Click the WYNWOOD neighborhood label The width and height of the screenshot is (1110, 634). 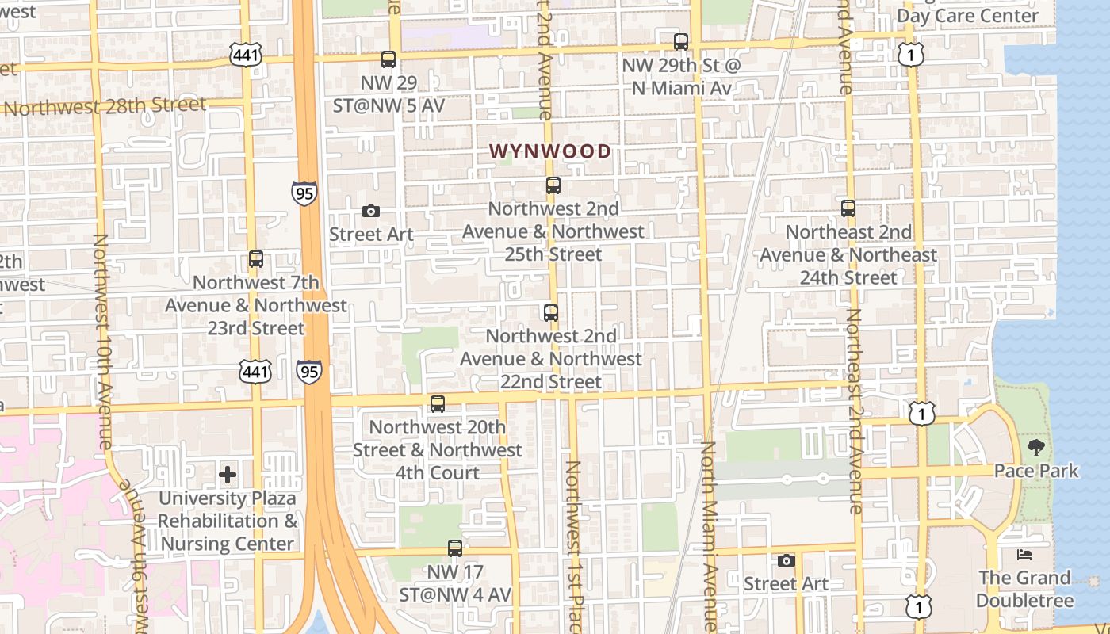(x=549, y=151)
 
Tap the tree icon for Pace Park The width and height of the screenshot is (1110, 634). (x=1035, y=448)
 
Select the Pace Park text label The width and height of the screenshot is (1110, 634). (x=1035, y=471)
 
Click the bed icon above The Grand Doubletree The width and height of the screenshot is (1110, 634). (x=1024, y=555)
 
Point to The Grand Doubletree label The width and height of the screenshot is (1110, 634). (x=1024, y=589)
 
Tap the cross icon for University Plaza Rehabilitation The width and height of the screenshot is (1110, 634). (x=228, y=475)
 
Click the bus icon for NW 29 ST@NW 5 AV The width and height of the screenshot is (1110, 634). (x=388, y=59)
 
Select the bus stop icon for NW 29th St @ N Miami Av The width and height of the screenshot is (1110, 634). (x=681, y=42)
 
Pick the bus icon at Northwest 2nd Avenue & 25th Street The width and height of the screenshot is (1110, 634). (x=553, y=185)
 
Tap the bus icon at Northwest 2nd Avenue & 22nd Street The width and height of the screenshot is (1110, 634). (x=551, y=313)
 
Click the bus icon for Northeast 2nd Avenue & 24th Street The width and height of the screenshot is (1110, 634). (x=848, y=208)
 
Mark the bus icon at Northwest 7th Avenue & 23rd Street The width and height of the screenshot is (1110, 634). (x=255, y=259)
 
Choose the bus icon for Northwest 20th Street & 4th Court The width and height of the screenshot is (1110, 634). (x=437, y=404)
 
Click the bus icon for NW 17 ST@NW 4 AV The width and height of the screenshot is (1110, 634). (x=454, y=548)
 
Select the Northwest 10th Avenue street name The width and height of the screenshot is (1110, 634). (x=103, y=341)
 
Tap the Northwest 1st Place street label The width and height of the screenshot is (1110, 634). (x=573, y=547)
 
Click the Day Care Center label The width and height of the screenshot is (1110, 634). (x=967, y=16)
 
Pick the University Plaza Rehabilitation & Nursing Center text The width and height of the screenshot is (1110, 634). (x=228, y=521)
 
